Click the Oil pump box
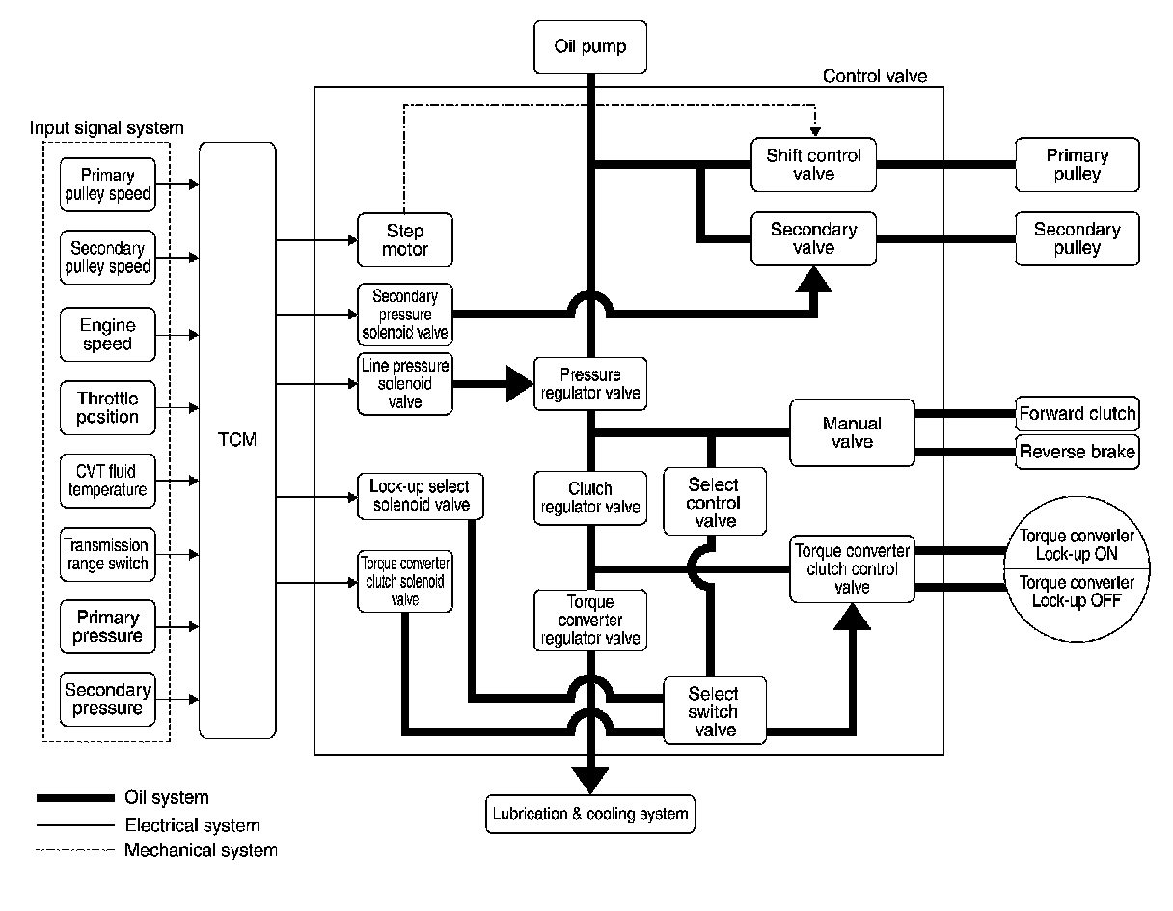[590, 47]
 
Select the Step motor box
[405, 239]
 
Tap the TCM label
[237, 439]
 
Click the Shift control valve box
[813, 165]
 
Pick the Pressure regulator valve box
[590, 384]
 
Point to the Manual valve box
[852, 432]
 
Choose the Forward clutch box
[1077, 414]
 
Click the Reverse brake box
[1077, 452]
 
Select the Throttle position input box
[107, 407]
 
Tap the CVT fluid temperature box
[107, 481]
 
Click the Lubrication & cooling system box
[590, 814]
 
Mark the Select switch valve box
[714, 710]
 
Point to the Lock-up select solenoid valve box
[420, 496]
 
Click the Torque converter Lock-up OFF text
[1077, 592]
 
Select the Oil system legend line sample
[75, 797]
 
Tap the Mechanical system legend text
[201, 850]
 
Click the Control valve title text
[875, 76]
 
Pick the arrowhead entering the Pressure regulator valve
[520, 384]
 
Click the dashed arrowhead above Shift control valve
[815, 132]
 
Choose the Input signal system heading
[106, 128]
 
